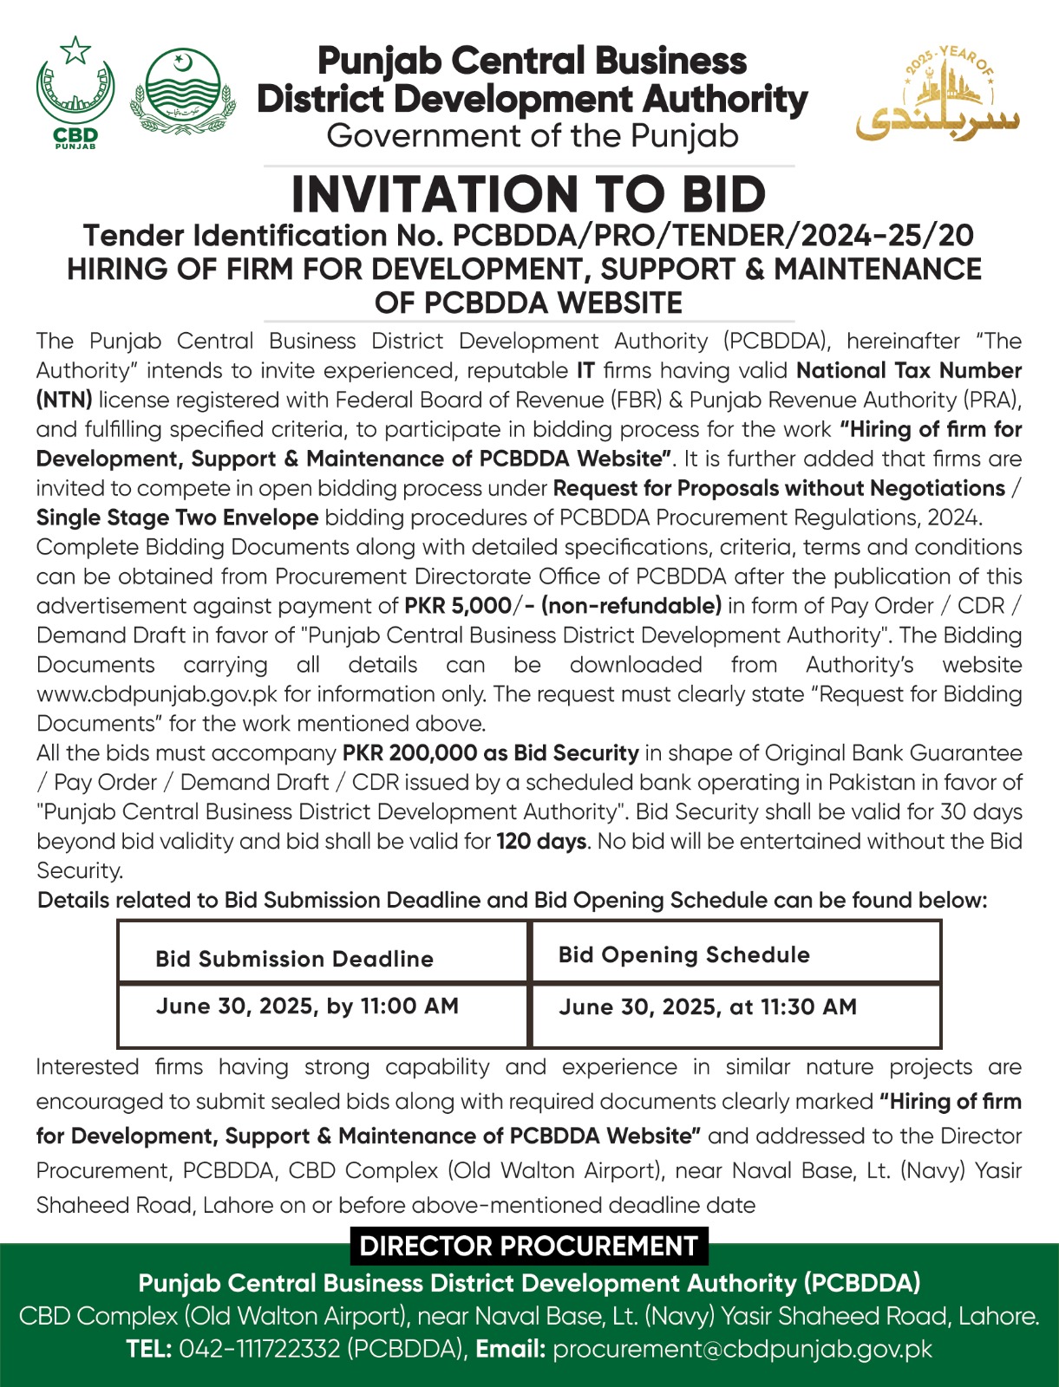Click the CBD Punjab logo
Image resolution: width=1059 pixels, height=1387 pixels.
[75, 92]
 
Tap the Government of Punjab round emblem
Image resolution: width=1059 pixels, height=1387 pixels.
[182, 91]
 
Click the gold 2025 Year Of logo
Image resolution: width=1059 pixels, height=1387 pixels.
[938, 95]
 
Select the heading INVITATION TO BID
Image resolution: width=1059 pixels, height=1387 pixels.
[528, 194]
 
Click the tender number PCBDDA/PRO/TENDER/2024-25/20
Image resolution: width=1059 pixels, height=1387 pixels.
[713, 236]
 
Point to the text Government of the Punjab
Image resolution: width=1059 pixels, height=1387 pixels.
[533, 137]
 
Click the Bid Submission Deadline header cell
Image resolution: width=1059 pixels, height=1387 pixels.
[294, 959]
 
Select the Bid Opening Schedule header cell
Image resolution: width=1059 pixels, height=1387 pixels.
[683, 955]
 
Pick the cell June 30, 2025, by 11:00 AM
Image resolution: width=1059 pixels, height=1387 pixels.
[307, 1006]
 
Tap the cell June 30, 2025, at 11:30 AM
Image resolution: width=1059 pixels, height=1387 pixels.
[707, 1007]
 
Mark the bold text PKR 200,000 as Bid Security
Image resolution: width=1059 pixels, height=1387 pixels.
[490, 753]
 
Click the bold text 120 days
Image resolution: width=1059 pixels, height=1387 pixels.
[541, 842]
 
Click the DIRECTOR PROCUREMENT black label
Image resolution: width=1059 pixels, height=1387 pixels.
[528, 1246]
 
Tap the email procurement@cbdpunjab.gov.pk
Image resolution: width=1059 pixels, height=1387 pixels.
[742, 1350]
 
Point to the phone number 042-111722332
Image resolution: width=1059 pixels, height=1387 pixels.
[259, 1350]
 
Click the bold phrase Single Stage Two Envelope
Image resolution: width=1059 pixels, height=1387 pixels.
[177, 518]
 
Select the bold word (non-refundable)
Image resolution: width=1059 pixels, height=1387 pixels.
[631, 606]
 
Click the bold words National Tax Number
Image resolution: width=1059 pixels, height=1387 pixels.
[908, 371]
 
